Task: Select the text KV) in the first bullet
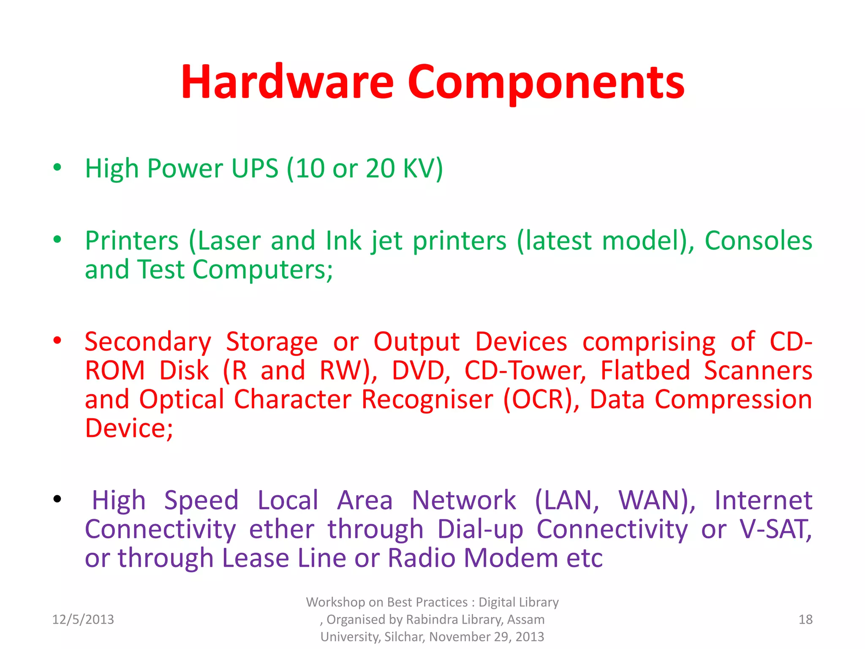(423, 168)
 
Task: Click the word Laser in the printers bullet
(229, 241)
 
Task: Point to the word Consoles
(758, 241)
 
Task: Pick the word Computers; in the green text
(263, 270)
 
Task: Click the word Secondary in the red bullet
(148, 341)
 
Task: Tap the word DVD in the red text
(420, 371)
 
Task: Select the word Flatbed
(645, 371)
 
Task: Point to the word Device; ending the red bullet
(129, 428)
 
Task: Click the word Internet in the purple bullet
(763, 500)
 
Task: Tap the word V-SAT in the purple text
(775, 529)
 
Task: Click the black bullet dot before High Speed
(57, 499)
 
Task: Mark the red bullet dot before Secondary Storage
(57, 340)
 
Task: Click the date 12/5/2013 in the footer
(83, 619)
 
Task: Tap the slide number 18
(805, 619)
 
